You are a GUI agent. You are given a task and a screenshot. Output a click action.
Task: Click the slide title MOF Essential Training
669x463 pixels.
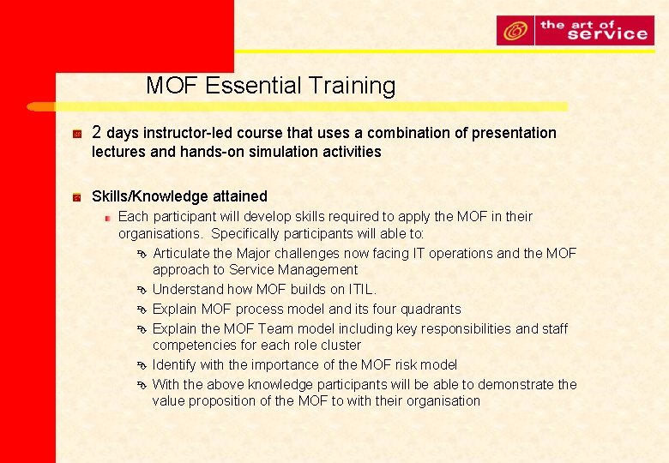[x=270, y=86]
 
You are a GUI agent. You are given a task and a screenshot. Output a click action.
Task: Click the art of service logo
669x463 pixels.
[x=575, y=31]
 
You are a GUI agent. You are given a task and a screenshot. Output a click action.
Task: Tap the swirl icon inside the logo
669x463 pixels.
[x=515, y=31]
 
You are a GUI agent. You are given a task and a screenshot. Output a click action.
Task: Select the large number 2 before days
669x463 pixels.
[x=97, y=132]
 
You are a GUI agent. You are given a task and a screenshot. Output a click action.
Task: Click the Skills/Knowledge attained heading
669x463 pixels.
[x=179, y=196]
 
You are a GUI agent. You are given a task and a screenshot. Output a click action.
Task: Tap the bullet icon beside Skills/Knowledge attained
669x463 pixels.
[x=77, y=197]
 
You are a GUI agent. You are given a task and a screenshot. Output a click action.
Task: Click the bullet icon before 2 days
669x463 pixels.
[x=77, y=134]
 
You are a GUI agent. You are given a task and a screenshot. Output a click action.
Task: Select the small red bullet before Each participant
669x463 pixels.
[x=108, y=217]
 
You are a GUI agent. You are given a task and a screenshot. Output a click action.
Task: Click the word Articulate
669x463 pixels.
[x=181, y=253]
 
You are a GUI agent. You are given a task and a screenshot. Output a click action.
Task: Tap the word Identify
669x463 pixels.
[x=176, y=364]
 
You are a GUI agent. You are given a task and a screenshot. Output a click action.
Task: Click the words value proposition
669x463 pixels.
[x=208, y=400]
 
